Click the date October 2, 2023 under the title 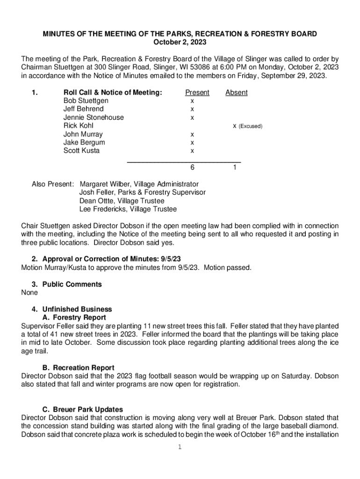pyautogui.click(x=180, y=43)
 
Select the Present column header pyautogui.click(x=197, y=93)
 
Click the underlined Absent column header pyautogui.click(x=236, y=93)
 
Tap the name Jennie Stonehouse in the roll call pyautogui.click(x=94, y=117)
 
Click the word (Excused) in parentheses pyautogui.click(x=251, y=126)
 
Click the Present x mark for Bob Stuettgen pyautogui.click(x=192, y=101)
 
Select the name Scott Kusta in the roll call pyautogui.click(x=81, y=151)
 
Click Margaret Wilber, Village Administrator pyautogui.click(x=139, y=184)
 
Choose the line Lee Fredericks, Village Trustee pyautogui.click(x=128, y=209)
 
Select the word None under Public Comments pyautogui.click(x=29, y=292)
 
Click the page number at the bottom pyautogui.click(x=180, y=447)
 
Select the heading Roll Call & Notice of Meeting pyautogui.click(x=113, y=93)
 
